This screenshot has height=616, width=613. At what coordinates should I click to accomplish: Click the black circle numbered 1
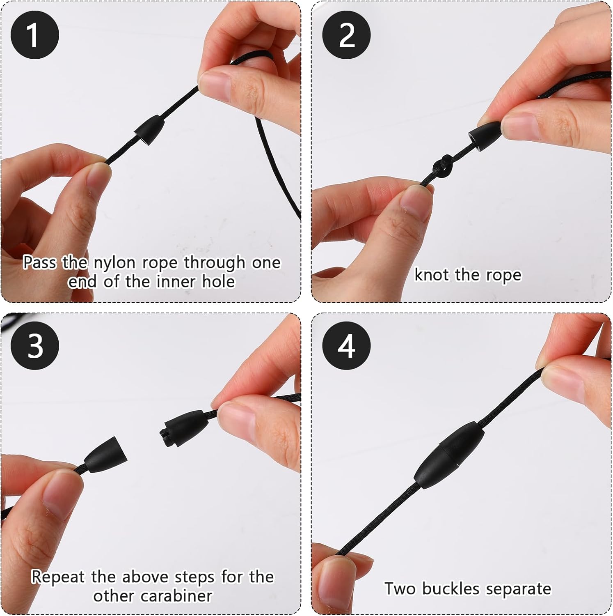pos(35,35)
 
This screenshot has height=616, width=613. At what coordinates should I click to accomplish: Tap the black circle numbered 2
pos(347,35)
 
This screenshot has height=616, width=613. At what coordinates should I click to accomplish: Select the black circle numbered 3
pos(35,346)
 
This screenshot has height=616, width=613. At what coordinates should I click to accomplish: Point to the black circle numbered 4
pos(347,346)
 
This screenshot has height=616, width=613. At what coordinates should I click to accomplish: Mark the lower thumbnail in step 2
pos(416,200)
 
